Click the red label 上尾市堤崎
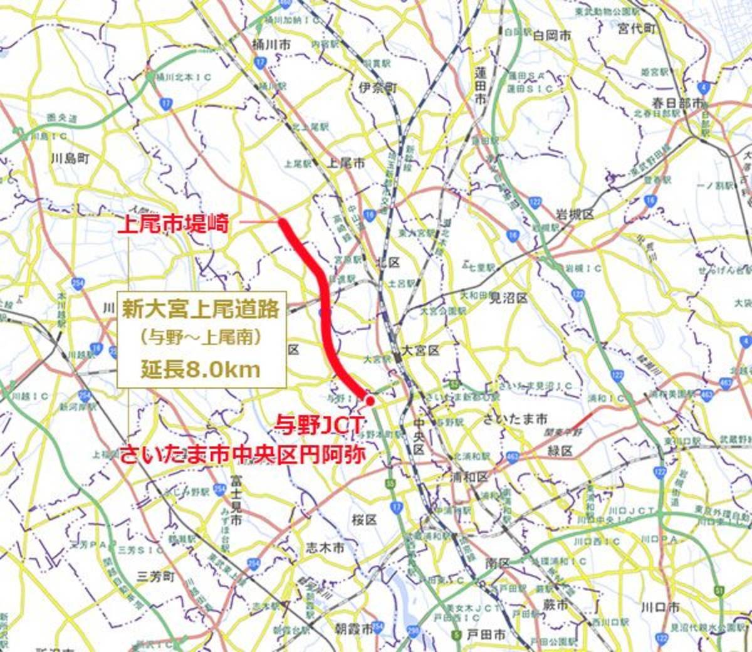tap(177, 223)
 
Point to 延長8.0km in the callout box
tap(200, 369)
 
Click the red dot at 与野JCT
tap(370, 400)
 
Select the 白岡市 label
tap(551, 36)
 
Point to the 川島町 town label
tap(70, 158)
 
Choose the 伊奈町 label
tap(378, 87)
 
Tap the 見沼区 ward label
tap(508, 297)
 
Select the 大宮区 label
tap(422, 350)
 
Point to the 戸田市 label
tap(486, 635)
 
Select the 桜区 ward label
tap(363, 520)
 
